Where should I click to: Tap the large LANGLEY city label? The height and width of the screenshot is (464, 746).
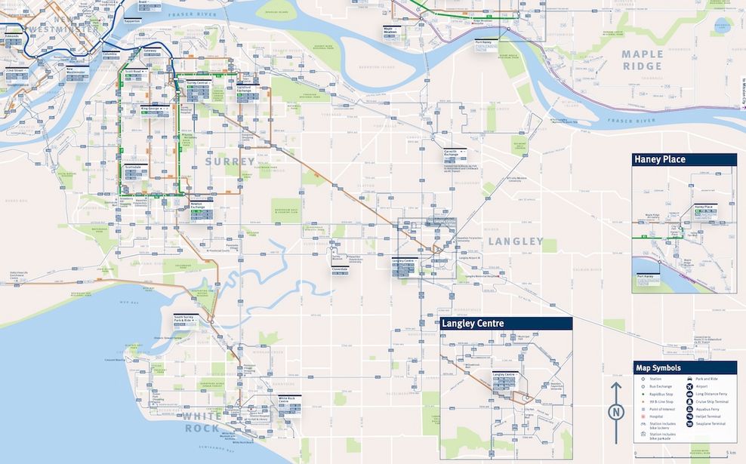(x=516, y=241)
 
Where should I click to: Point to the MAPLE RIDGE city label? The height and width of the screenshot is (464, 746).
(x=643, y=60)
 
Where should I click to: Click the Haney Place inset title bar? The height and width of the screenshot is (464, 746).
(x=683, y=159)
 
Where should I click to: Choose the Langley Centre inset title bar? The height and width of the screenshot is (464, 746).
(x=506, y=323)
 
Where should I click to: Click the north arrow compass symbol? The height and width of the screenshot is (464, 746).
(x=616, y=411)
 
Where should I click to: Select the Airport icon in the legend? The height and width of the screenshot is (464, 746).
(x=690, y=386)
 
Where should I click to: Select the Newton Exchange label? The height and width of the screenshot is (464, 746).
(x=197, y=205)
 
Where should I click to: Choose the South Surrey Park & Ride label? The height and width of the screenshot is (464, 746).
(x=186, y=318)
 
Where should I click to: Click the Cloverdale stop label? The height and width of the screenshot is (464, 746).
(x=340, y=268)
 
